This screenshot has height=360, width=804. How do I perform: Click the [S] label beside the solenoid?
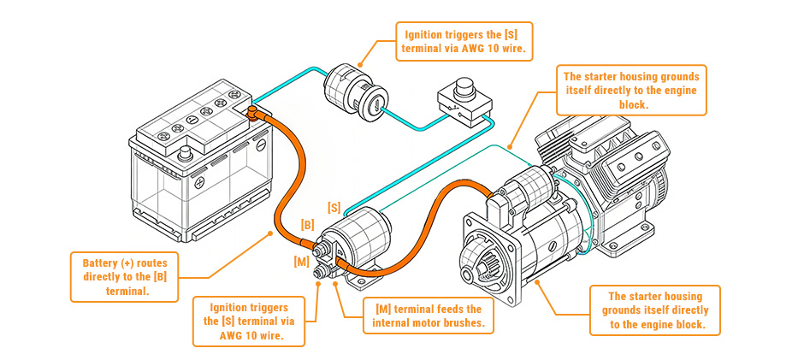334,208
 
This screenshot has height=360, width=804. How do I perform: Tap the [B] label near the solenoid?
308,225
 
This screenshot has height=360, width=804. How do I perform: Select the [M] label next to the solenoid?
301,260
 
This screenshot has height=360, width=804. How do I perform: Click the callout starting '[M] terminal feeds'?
429,316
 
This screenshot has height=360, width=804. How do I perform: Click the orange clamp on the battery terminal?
254,112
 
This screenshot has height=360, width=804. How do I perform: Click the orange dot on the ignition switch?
360,64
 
